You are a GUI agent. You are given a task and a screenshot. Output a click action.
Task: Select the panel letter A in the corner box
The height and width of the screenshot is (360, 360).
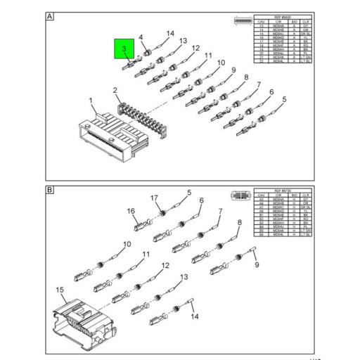point(50,15)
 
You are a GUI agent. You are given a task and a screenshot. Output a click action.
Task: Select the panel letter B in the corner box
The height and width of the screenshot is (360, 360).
point(50,189)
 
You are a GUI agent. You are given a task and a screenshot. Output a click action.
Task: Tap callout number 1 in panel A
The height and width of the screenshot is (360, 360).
point(91,101)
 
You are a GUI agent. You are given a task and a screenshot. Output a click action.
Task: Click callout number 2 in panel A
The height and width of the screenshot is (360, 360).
point(115,89)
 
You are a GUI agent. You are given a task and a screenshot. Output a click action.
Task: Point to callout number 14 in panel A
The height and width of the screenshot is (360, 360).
point(169,34)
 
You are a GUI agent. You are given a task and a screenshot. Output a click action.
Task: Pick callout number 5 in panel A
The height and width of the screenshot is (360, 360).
point(284,99)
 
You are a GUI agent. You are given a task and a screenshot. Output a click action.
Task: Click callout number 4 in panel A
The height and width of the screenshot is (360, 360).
point(141,37)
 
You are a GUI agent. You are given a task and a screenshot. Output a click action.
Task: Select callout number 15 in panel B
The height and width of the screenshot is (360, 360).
point(60,289)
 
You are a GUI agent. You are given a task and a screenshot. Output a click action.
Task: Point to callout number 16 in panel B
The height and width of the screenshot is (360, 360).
point(131,211)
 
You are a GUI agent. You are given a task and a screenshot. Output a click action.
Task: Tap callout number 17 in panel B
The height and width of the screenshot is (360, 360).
point(154,198)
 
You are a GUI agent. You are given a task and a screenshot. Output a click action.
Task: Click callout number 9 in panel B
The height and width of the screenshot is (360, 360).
point(257,264)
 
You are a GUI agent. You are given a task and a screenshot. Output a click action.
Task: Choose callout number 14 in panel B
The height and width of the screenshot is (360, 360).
point(195,316)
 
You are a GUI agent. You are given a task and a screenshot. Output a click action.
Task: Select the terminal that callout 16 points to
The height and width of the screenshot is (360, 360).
point(141,226)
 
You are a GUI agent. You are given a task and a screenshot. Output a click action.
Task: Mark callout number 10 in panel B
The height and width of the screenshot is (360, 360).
point(127,245)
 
